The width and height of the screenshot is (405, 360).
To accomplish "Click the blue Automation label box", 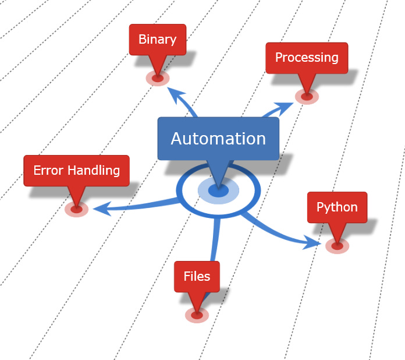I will tap(218, 139).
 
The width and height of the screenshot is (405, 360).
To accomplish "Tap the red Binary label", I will tap(157, 40).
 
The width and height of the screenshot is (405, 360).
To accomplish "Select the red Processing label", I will tap(307, 58).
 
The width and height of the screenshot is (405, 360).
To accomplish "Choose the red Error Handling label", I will tap(76, 171).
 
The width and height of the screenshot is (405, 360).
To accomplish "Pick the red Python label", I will tap(337, 207).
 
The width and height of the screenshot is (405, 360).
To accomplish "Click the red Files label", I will tap(197, 277).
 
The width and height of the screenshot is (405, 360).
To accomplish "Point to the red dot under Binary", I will tap(157, 77).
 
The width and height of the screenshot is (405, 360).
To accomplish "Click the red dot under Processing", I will tap(306, 96).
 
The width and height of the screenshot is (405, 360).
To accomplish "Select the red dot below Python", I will tap(337, 246).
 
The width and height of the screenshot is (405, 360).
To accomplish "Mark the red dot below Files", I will tap(197, 315).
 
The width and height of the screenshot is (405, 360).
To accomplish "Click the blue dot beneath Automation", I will tap(218, 190).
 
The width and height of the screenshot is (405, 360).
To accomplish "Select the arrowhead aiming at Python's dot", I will tap(312, 242).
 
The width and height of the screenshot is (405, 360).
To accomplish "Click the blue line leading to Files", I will tap(215, 245).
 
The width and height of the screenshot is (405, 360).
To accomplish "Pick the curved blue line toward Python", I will tap(273, 230).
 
